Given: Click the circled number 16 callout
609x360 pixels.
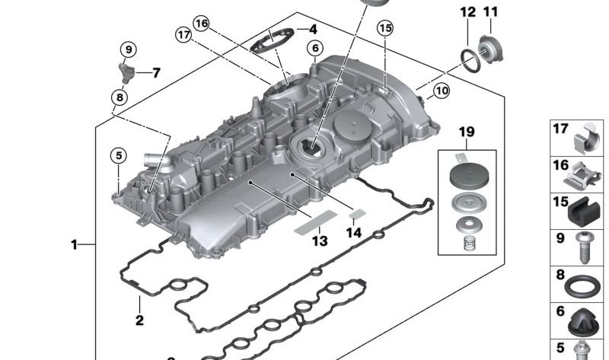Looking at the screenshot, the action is pyautogui.click(x=201, y=24).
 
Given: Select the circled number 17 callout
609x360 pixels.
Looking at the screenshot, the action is pyautogui.click(x=183, y=35).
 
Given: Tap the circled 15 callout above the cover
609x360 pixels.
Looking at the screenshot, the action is pyautogui.click(x=385, y=28).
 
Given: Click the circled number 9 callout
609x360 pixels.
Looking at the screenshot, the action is pyautogui.click(x=129, y=49).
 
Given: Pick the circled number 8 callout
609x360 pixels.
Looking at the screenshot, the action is pyautogui.click(x=120, y=97).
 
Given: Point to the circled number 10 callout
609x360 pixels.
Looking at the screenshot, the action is pyautogui.click(x=442, y=91).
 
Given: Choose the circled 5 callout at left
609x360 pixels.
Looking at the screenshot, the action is pyautogui.click(x=119, y=155).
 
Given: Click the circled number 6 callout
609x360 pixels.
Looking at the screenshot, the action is pyautogui.click(x=315, y=48).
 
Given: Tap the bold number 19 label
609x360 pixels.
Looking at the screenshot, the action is pyautogui.click(x=467, y=132).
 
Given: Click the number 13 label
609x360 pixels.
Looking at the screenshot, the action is pyautogui.click(x=320, y=241).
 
